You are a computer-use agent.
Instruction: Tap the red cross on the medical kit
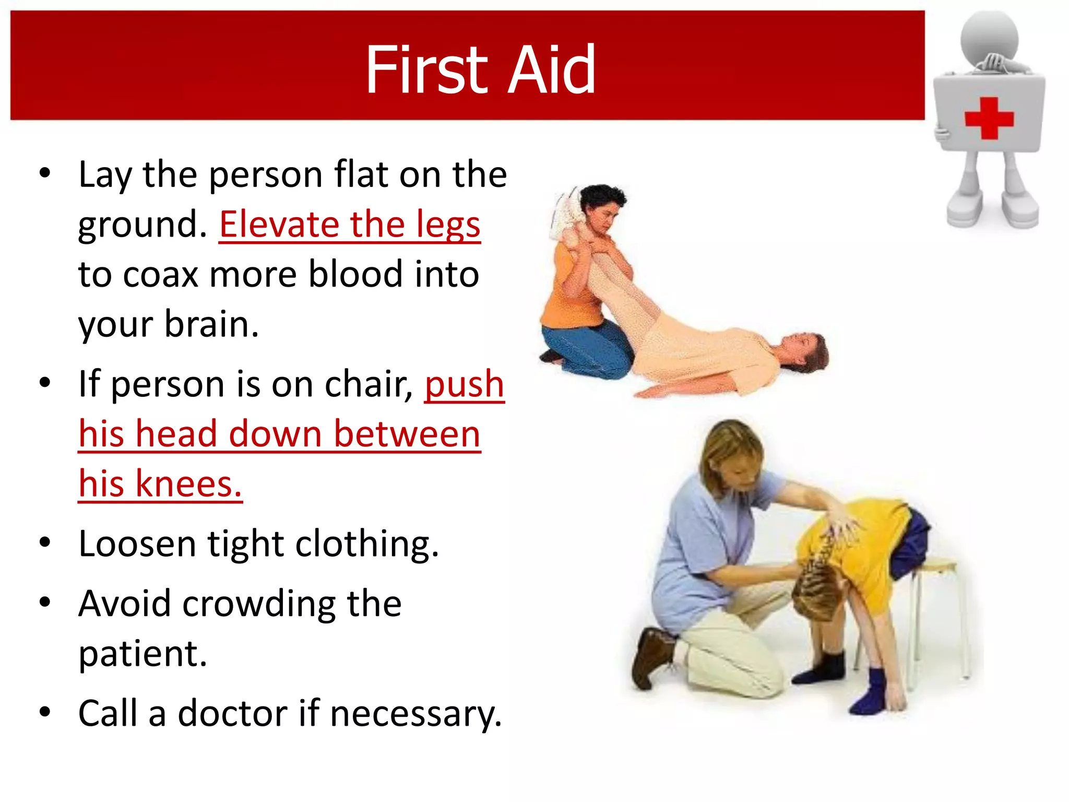[989, 118]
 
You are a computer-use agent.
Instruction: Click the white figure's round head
[989, 38]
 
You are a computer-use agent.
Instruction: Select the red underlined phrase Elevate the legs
[349, 225]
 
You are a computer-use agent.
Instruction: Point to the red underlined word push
[464, 384]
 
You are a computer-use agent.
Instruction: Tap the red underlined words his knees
[160, 484]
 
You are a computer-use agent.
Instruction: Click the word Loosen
[137, 544]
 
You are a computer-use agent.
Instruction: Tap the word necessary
[415, 714]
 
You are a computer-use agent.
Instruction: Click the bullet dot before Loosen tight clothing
[45, 543]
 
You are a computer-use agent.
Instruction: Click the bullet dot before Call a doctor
[45, 712]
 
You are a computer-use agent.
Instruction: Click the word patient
[142, 654]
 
